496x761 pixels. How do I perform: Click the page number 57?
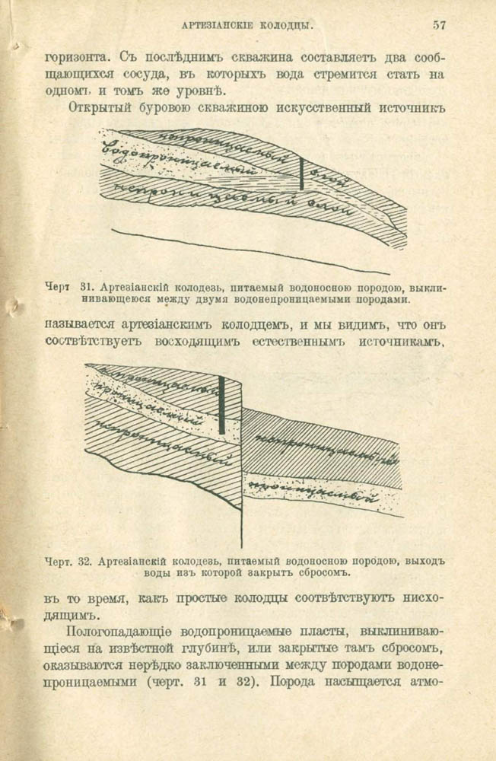click(x=440, y=25)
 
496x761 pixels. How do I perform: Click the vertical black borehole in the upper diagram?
click(x=302, y=174)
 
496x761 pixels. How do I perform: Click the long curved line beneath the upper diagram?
click(x=251, y=251)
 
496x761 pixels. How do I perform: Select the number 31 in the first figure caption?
click(x=85, y=288)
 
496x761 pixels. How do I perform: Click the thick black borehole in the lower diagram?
click(x=221, y=406)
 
